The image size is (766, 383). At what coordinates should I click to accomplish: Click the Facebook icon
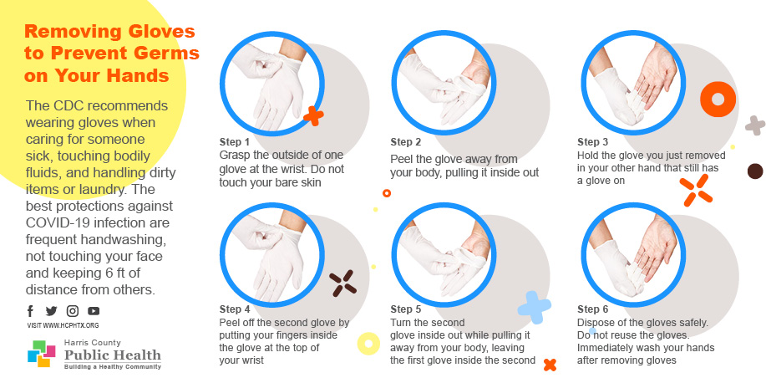30,310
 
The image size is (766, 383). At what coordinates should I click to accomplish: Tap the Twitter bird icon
51,310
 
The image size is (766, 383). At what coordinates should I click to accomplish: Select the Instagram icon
73,310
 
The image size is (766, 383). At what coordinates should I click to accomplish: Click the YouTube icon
94,310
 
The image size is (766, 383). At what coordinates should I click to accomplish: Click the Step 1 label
235,142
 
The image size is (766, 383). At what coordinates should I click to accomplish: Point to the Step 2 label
405,142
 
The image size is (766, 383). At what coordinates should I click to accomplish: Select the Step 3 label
592,142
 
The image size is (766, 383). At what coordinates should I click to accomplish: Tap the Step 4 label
235,309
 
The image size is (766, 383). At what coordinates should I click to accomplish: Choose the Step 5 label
405,309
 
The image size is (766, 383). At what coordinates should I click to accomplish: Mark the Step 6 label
592,309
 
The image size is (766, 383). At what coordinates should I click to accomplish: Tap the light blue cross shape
534,307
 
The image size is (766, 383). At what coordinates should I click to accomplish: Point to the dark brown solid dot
755,171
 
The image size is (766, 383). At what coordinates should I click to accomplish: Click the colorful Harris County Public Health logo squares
41,353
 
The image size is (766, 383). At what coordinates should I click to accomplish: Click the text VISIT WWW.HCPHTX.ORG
63,325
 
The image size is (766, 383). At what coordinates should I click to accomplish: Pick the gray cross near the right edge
755,125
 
